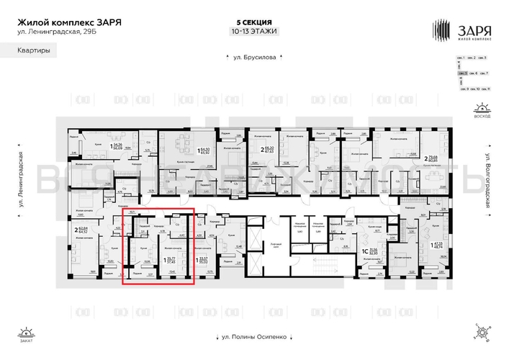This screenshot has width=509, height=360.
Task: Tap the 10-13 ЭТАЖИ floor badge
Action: pos(254,31)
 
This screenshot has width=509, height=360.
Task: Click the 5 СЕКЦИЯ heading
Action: pos(254,22)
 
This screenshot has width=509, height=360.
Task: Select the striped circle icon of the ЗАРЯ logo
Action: pos(440,28)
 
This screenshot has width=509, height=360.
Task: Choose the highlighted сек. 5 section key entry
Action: pos(461,73)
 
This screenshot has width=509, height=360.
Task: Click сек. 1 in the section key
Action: pos(461,57)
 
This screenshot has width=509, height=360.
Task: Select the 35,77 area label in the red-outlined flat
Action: pos(171,258)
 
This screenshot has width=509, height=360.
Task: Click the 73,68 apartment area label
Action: pos(433,157)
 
